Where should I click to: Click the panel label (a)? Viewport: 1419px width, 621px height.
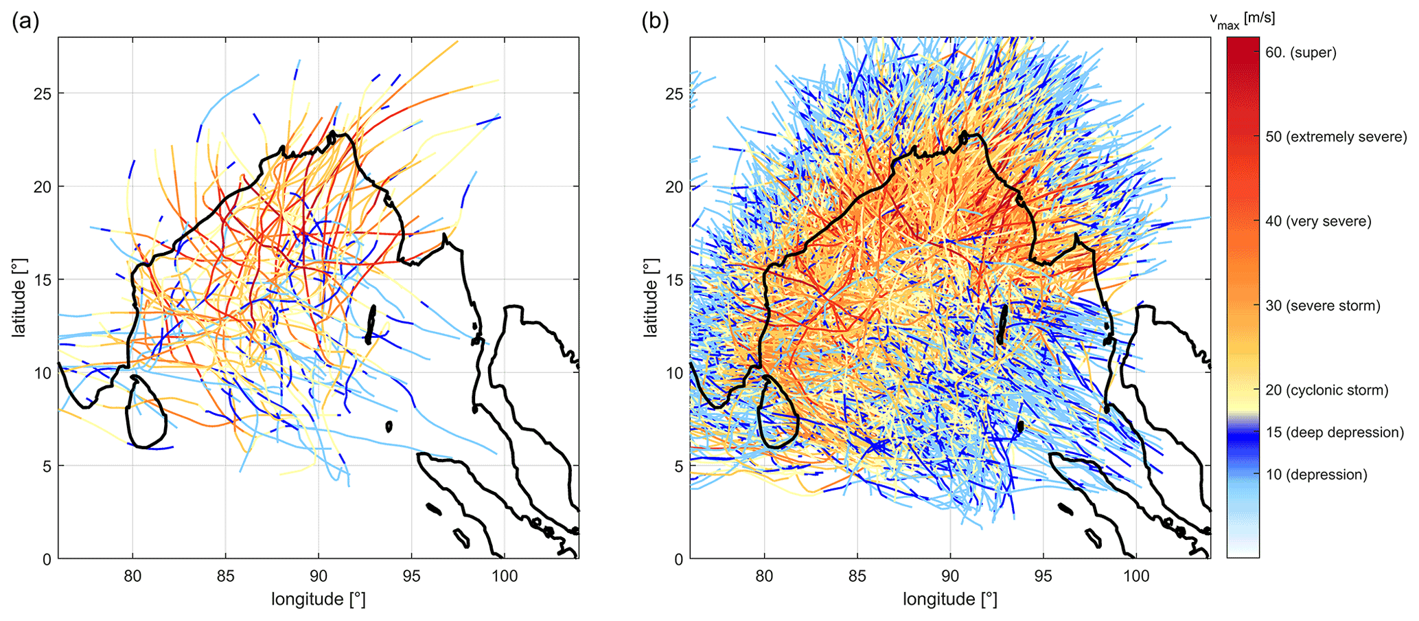click(x=25, y=22)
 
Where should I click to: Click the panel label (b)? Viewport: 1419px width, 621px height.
click(x=655, y=22)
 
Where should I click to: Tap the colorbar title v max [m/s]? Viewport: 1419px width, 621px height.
click(x=1242, y=20)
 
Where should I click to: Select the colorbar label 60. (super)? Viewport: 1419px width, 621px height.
click(x=1300, y=53)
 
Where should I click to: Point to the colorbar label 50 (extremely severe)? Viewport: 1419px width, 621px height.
click(x=1335, y=137)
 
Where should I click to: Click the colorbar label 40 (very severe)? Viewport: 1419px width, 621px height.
click(x=1318, y=222)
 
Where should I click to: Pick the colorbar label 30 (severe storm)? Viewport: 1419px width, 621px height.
click(x=1322, y=306)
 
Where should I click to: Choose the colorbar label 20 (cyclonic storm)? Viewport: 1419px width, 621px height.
click(x=1326, y=391)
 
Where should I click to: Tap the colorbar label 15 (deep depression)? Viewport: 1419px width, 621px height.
click(x=1335, y=433)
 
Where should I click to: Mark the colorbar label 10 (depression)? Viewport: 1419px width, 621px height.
click(x=1316, y=475)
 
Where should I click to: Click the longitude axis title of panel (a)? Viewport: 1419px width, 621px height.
click(x=318, y=600)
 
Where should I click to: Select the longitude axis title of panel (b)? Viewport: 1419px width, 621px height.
click(x=949, y=600)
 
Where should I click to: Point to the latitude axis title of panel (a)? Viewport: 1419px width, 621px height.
click(x=19, y=297)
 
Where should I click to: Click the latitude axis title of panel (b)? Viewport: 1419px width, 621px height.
click(x=650, y=297)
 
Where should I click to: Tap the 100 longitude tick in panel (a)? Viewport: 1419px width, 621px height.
click(x=505, y=576)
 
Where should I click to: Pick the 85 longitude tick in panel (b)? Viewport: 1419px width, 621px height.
click(x=857, y=576)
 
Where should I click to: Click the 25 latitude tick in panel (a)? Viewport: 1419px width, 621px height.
click(x=42, y=93)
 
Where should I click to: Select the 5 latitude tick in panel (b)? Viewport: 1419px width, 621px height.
click(x=679, y=466)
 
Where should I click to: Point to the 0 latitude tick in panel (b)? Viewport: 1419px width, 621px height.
click(x=679, y=559)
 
